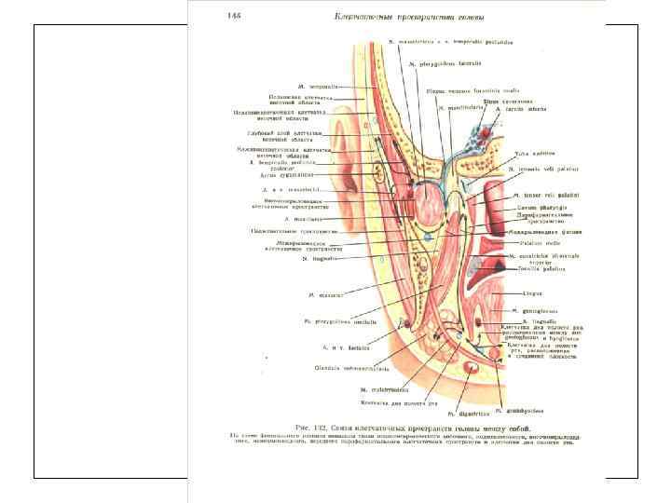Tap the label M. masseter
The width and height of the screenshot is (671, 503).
325,294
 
